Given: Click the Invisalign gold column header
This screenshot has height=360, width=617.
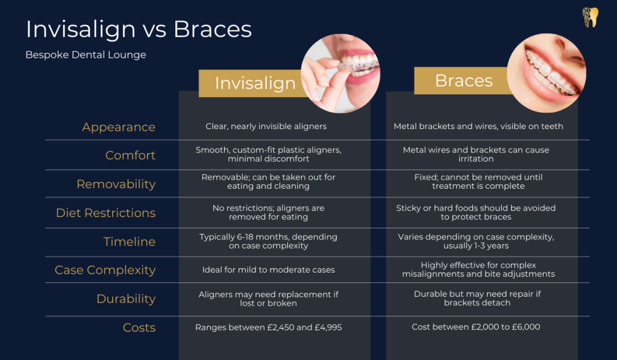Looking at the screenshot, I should [255, 83].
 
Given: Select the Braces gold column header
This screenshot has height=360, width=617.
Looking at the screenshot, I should [463, 81].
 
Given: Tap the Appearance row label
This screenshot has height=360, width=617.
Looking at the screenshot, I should [119, 127].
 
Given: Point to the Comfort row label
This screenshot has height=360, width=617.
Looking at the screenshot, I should [130, 156].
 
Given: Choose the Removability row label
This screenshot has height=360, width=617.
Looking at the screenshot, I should [116, 185].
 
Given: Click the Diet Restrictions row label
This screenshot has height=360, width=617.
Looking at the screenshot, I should [105, 213].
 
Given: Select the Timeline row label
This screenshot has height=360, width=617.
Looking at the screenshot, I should [129, 242].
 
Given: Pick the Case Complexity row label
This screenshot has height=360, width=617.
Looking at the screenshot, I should [105, 270].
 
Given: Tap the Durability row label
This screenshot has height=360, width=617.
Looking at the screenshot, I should [126, 299].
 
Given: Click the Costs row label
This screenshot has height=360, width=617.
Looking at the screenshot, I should [139, 328].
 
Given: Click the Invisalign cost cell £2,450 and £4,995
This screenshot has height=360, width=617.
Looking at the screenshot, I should [268, 327].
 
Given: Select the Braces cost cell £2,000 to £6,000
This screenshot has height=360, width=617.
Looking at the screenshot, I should [475, 327].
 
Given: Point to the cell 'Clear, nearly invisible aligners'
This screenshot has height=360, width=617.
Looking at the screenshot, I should [266, 127].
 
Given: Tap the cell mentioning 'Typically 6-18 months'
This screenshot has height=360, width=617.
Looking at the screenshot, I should [268, 241].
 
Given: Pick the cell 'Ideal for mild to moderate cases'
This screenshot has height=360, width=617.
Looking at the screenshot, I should [268, 270].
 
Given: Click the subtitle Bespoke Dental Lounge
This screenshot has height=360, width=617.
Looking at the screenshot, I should [86, 55].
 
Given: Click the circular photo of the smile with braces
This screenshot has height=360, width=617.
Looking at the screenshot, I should [547, 73].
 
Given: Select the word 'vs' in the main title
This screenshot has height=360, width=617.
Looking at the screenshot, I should [152, 29].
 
